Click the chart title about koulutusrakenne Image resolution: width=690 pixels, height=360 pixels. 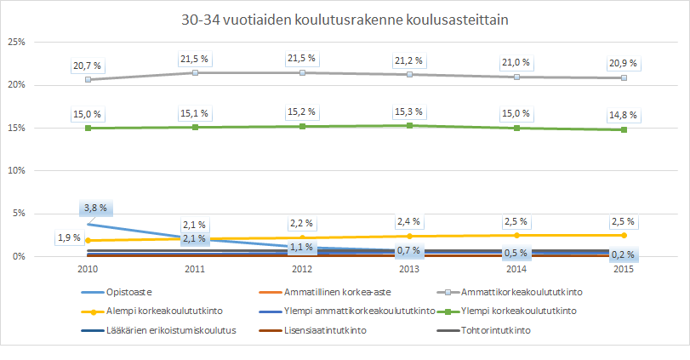[345, 20]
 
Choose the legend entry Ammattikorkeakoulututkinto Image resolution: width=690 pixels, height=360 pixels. [511, 292]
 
